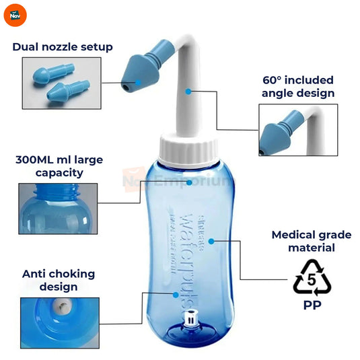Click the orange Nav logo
pos(14,14)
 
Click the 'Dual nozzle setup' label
pos(62,46)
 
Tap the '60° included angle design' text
pos(298,87)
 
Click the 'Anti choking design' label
pos(59,280)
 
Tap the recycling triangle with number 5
pos(312,280)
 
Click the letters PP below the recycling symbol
pos(312,305)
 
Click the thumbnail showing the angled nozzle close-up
pos(297,130)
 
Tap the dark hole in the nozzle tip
pos(126,87)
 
